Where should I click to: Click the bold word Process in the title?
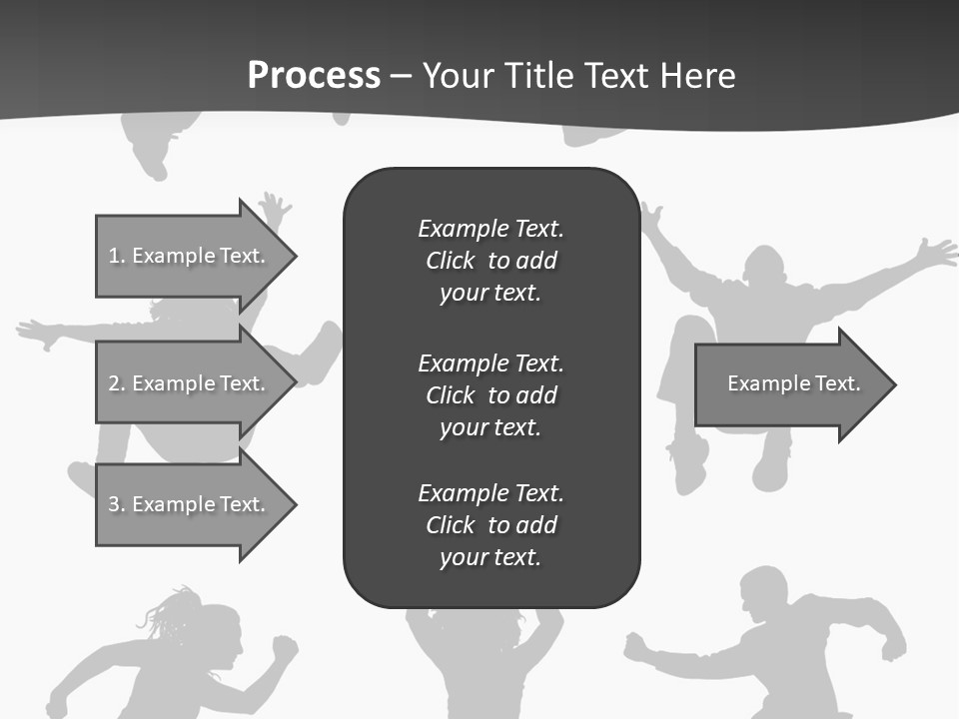pyautogui.click(x=314, y=76)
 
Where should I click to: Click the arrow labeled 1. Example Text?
pyautogui.click(x=190, y=256)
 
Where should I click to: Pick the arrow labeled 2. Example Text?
pyautogui.click(x=190, y=383)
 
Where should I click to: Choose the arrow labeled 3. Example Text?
pyautogui.click(x=190, y=504)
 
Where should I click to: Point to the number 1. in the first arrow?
pyautogui.click(x=117, y=256)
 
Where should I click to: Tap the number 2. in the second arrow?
pyautogui.click(x=117, y=383)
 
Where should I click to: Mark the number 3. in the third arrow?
pyautogui.click(x=117, y=504)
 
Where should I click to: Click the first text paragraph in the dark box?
pyautogui.click(x=490, y=261)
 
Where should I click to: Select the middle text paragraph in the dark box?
pyautogui.click(x=490, y=395)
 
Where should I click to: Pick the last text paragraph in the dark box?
pyautogui.click(x=490, y=525)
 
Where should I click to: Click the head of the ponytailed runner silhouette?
pyautogui.click(x=217, y=634)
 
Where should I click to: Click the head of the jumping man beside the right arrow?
pyautogui.click(x=767, y=270)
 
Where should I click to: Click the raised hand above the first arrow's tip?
pyautogui.click(x=273, y=208)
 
